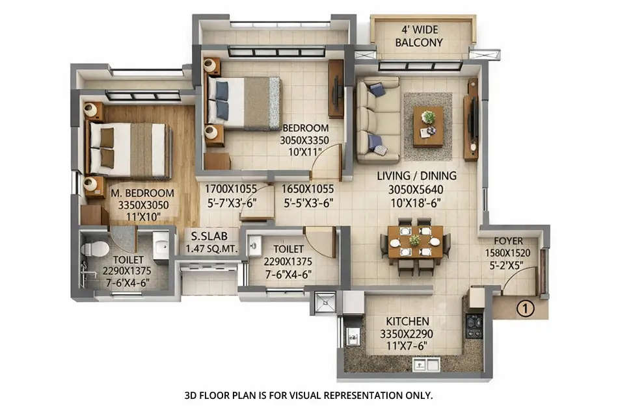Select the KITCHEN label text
point(408,322)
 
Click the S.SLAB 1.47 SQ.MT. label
point(212,242)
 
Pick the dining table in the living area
point(414,241)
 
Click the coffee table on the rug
point(428,125)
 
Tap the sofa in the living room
point(378,120)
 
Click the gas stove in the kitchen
point(474,325)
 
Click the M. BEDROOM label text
point(142,193)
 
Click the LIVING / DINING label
point(418,175)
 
